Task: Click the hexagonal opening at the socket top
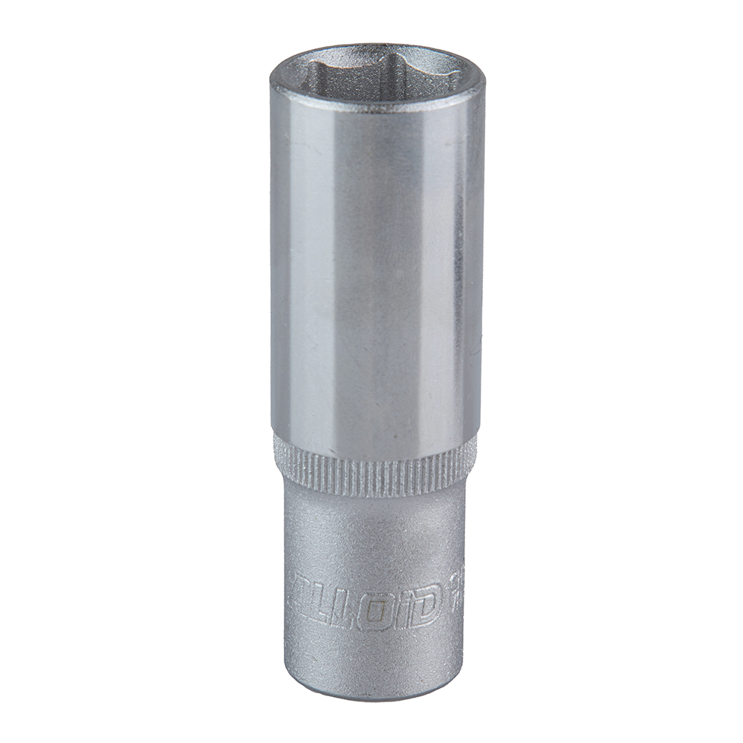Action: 377,74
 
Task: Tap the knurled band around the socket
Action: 375,467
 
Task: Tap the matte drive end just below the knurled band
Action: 375,520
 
